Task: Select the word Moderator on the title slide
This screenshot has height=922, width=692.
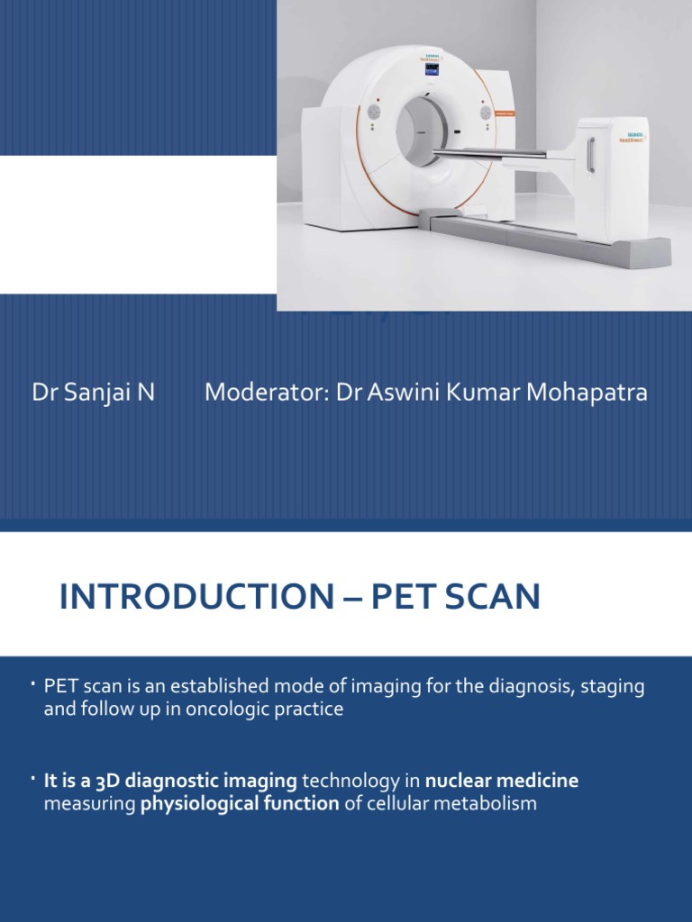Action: [x=264, y=393]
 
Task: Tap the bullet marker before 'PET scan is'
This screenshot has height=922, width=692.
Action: [x=32, y=685]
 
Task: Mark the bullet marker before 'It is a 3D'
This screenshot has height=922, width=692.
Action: [x=32, y=777]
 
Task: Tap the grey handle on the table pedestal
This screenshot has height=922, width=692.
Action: [x=591, y=155]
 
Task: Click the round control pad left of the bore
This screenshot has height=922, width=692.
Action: [x=374, y=113]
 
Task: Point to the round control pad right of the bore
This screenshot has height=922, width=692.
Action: [x=486, y=113]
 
